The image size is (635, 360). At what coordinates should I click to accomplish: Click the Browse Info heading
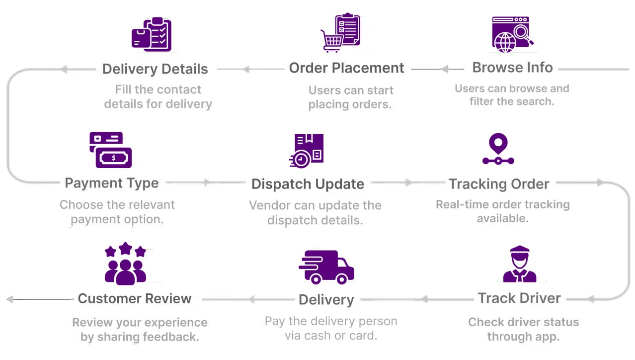tap(512, 68)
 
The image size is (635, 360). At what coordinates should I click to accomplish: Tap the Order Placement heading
tap(347, 68)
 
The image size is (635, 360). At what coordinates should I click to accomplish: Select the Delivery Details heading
tap(155, 69)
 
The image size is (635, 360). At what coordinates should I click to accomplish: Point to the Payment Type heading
tap(112, 183)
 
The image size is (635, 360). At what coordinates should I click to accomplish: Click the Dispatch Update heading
tap(308, 184)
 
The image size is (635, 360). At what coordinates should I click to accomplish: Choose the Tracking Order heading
tap(499, 184)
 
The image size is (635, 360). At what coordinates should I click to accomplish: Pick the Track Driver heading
tap(519, 298)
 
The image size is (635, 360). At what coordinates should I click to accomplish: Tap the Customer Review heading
tap(135, 298)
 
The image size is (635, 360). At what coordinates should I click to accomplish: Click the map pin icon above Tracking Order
tap(498, 144)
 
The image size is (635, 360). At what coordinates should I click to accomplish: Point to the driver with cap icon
tap(519, 264)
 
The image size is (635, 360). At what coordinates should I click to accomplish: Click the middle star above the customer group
tap(126, 248)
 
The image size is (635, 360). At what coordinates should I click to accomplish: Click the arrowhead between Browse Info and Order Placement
tap(445, 69)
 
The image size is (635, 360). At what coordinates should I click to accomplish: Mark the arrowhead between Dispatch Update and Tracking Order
tap(408, 183)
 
